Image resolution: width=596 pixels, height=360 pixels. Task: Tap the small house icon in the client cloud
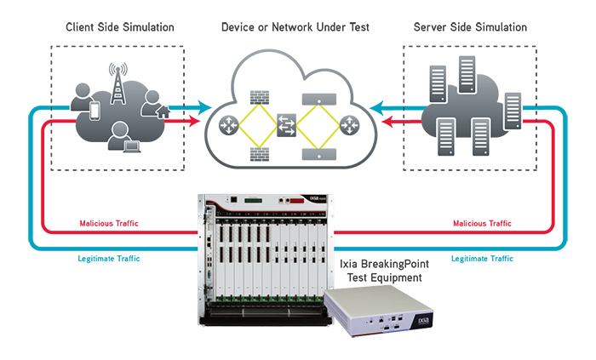coord(163,111)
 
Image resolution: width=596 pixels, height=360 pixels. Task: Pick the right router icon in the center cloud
coord(349,127)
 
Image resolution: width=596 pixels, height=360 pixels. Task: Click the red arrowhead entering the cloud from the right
coord(387,123)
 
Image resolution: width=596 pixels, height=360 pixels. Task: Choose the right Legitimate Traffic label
coord(482,258)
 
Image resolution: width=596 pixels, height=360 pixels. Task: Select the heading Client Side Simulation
coord(120,27)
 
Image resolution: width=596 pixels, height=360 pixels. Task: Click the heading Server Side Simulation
coord(470,27)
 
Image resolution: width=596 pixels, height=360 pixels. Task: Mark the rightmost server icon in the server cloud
coord(513,110)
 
